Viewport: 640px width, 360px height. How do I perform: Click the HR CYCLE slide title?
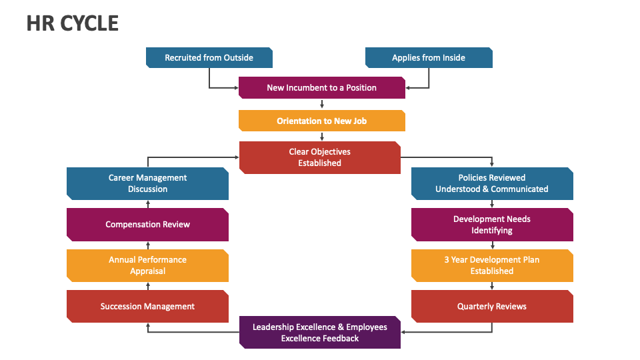73,23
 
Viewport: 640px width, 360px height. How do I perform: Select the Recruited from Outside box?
209,57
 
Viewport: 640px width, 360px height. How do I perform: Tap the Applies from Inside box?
429,57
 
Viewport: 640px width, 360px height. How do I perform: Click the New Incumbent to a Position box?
321,87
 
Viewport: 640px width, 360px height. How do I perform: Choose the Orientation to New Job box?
321,121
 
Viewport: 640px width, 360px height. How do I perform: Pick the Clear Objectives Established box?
319,157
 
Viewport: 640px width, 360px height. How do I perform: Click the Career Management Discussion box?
147,183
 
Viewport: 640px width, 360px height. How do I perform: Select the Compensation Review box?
147,225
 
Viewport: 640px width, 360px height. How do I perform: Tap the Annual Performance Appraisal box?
147,265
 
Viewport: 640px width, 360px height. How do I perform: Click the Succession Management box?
147,307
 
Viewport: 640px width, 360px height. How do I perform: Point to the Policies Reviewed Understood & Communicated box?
492,183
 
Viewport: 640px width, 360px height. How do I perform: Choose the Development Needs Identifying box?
492,225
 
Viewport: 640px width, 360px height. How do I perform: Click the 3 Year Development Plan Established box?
492,265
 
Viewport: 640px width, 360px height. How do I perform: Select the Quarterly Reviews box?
492,307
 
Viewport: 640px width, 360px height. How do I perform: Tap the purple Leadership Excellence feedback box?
319,333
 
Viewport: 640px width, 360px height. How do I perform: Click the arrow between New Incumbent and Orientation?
322,104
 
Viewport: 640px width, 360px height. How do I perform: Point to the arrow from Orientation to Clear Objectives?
322,137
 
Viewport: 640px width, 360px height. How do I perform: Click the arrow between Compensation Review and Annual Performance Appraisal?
148,245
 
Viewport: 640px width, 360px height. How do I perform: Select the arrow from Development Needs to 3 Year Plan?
492,245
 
